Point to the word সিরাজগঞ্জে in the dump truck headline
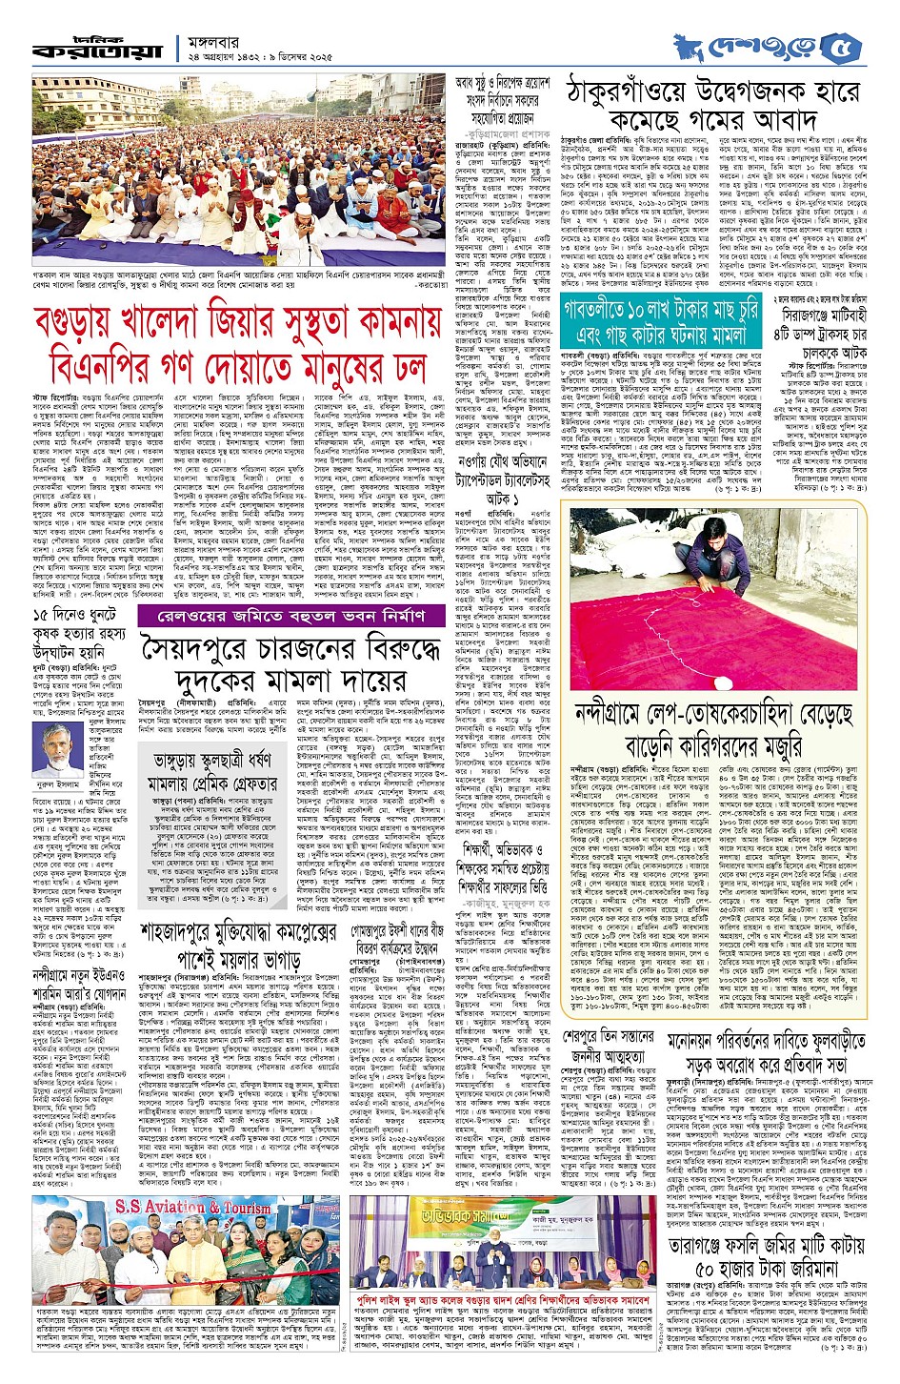coord(795,313)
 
